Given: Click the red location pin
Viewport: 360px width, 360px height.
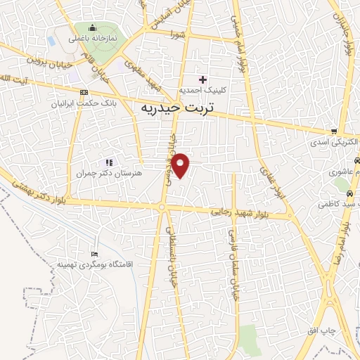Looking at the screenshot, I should [x=181, y=165].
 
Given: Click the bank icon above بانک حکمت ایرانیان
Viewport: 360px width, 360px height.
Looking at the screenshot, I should [x=84, y=92].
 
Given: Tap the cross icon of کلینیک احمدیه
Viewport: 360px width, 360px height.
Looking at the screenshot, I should [x=203, y=79].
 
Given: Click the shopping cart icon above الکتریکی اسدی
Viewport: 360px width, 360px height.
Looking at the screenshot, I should [x=334, y=131].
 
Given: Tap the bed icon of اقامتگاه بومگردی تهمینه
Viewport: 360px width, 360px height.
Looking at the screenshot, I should [x=95, y=254].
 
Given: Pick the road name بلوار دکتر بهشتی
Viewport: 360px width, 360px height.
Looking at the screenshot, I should [x=42, y=191].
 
